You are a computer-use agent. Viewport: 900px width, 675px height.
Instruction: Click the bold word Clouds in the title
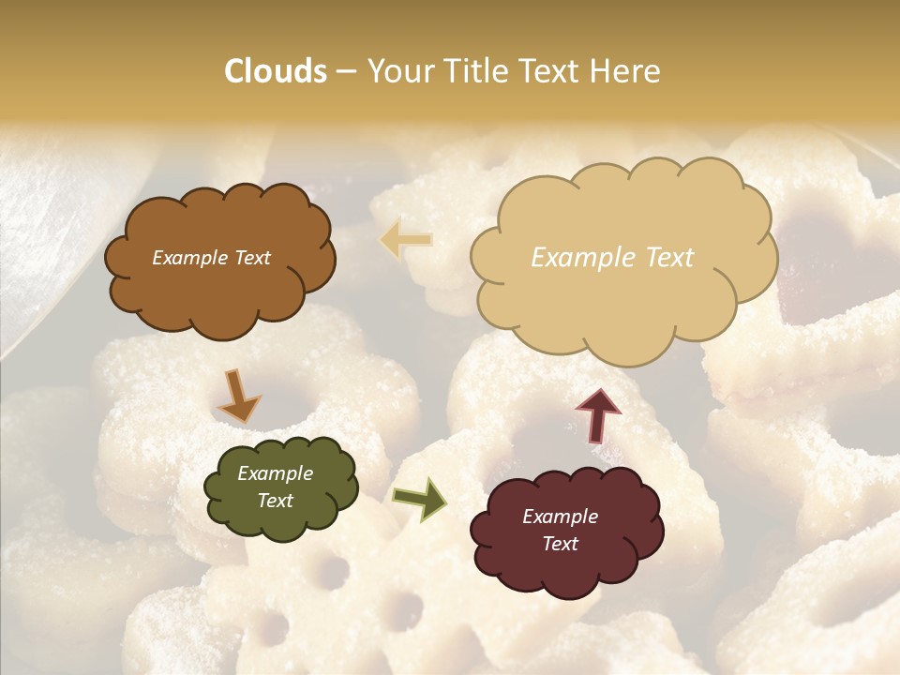(x=276, y=71)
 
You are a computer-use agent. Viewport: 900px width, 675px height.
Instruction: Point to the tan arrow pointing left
(x=405, y=239)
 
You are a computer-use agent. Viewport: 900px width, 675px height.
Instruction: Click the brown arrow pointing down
(x=238, y=396)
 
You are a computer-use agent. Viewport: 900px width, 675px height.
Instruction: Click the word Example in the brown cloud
(x=187, y=258)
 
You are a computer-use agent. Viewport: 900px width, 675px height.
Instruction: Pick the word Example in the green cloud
(x=275, y=473)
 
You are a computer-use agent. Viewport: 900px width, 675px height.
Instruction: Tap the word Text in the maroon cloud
(x=560, y=544)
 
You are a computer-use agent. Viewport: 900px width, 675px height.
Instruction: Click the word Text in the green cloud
(x=275, y=501)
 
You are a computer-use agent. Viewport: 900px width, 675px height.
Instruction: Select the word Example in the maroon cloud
(x=560, y=517)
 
